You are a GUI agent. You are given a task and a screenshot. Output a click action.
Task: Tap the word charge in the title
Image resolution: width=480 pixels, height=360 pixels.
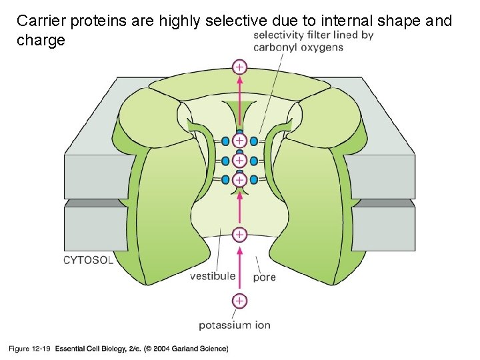pos(41,41)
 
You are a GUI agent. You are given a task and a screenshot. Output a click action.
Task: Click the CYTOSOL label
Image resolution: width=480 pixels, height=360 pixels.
pos(89,260)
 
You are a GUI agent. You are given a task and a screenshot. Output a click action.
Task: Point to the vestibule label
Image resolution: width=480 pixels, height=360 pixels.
pos(213,275)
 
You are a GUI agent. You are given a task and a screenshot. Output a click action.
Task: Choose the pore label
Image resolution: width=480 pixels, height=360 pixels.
pos(265,277)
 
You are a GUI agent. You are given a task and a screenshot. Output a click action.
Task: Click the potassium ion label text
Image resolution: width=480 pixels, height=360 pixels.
pos(234,325)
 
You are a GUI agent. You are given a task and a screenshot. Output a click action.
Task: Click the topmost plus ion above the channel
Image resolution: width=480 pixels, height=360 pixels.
pos(239,67)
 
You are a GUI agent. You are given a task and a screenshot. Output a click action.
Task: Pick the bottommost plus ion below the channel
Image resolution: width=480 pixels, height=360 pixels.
pos(239,301)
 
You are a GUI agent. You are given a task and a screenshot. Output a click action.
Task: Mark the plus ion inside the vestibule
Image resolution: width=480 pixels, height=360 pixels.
pos(239,235)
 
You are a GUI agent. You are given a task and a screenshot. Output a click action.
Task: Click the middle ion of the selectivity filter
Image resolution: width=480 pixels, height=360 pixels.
pos(239,161)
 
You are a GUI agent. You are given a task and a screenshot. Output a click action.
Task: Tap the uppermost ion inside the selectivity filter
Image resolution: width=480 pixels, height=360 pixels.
pos(239,141)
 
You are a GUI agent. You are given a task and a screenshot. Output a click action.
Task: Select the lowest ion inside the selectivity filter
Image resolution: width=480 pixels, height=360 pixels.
pos(239,180)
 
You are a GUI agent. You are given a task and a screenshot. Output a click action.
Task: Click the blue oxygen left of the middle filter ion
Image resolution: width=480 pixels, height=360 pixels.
pos(225,161)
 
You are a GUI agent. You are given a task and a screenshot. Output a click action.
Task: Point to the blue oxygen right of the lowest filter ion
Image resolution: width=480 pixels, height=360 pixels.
pos(254,180)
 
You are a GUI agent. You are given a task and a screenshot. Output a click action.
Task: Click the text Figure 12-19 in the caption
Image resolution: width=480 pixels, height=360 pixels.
pos(29,348)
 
